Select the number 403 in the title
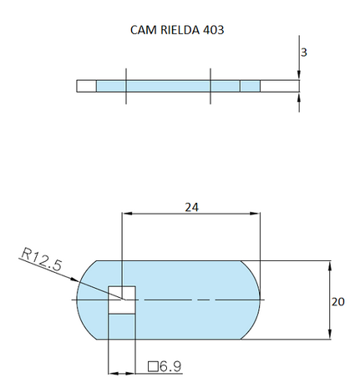click(213, 29)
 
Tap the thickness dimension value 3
click(304, 52)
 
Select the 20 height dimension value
click(337, 301)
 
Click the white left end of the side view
click(86, 86)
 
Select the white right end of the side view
click(280, 86)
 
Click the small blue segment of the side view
click(250, 86)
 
